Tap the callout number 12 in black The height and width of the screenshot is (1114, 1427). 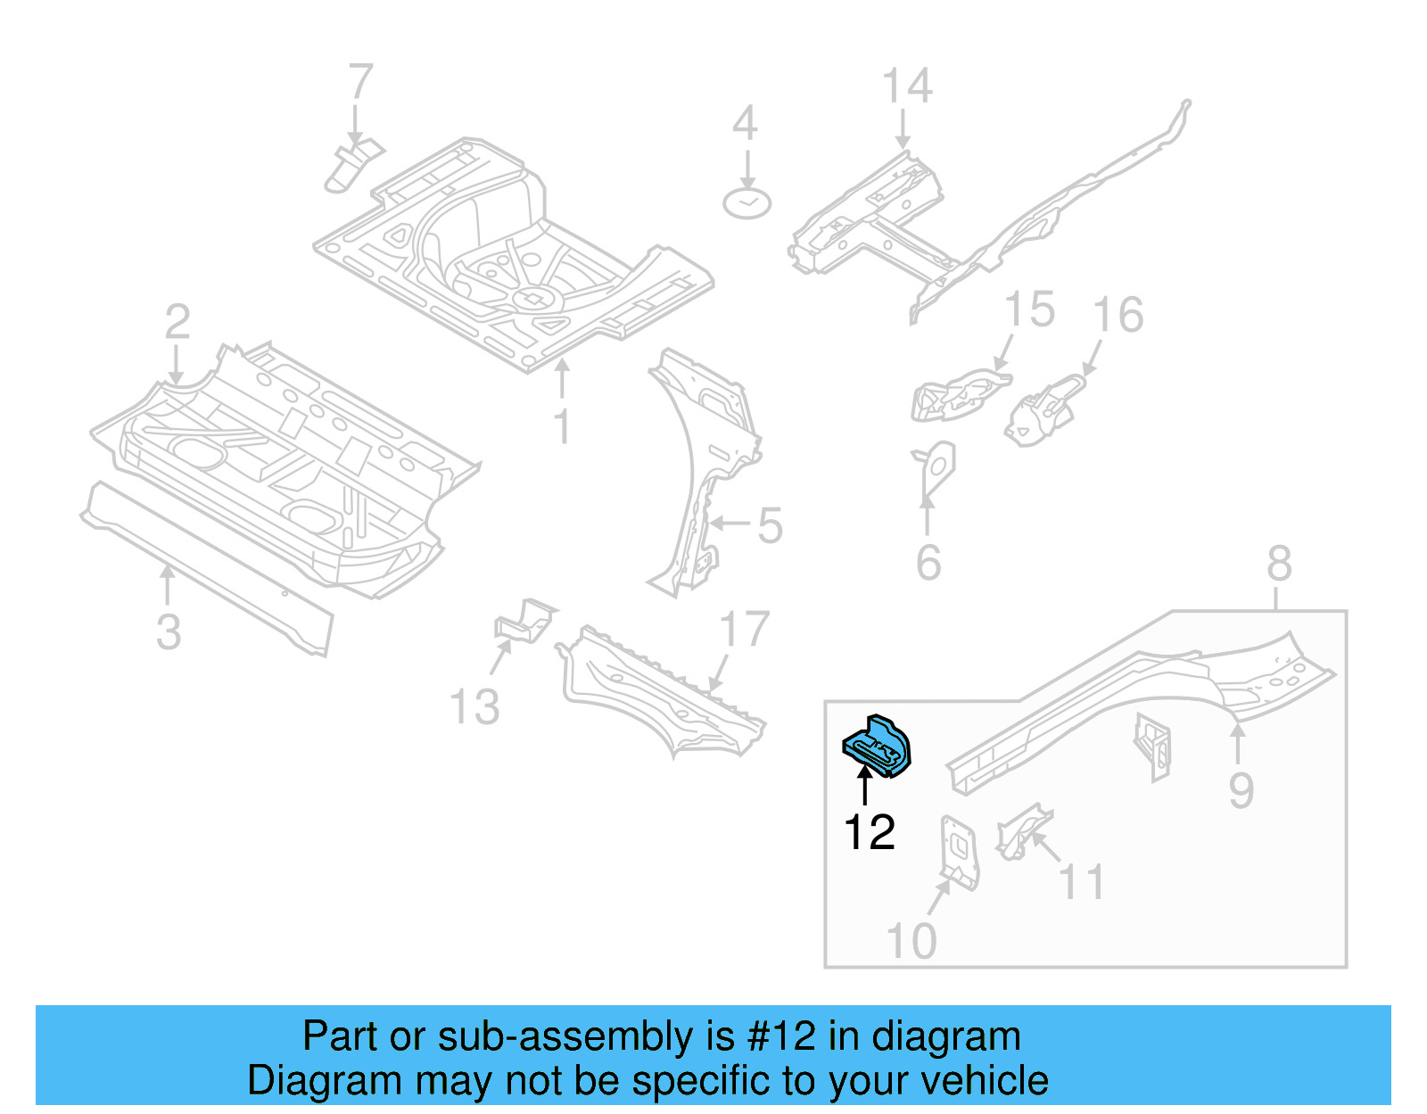click(869, 832)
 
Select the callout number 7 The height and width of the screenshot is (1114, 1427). click(359, 82)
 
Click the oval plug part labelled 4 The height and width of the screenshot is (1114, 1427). click(746, 204)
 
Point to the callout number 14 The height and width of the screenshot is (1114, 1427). click(907, 87)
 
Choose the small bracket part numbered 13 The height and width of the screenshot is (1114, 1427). click(526, 620)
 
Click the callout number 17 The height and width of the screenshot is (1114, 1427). click(744, 630)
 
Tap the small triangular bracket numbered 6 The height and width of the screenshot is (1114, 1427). click(936, 468)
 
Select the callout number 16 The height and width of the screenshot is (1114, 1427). click(1118, 315)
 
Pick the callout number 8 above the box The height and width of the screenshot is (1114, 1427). click(1279, 564)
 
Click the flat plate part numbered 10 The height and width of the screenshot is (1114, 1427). click(959, 852)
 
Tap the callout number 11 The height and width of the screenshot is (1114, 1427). click(1082, 882)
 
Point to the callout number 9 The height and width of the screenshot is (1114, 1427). click(1241, 790)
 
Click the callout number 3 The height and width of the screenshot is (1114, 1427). click(168, 631)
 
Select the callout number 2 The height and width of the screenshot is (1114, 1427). click(177, 322)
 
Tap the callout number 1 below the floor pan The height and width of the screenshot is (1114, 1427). click(561, 426)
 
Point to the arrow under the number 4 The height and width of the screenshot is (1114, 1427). click(746, 169)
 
